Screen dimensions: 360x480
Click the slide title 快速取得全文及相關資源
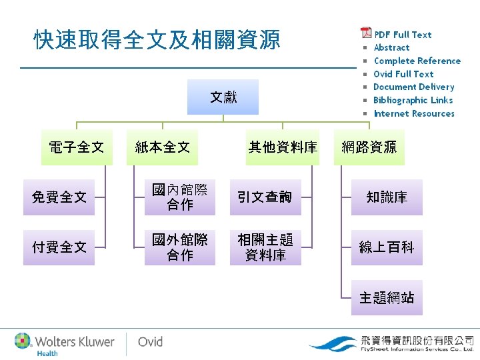(x=157, y=41)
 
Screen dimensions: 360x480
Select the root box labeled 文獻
(x=223, y=97)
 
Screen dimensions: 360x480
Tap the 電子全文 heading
(x=77, y=147)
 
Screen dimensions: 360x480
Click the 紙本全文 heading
(x=162, y=147)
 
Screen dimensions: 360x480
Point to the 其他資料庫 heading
(x=283, y=147)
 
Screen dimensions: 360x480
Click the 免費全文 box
(x=59, y=197)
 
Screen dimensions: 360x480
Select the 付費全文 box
(x=59, y=247)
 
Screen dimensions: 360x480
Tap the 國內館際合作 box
(x=180, y=197)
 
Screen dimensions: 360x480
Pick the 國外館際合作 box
(x=180, y=247)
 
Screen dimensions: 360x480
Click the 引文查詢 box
(x=265, y=197)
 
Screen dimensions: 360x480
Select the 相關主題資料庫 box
(x=265, y=247)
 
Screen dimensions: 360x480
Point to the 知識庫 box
(x=387, y=197)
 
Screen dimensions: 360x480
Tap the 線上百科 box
(x=387, y=247)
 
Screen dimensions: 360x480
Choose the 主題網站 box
(x=387, y=297)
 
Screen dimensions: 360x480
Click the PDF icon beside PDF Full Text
(x=366, y=33)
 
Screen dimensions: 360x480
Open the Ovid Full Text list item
(x=403, y=74)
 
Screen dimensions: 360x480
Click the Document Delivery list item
(x=413, y=87)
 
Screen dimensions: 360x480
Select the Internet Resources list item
(x=413, y=113)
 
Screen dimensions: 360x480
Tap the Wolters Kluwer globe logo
(x=23, y=341)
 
